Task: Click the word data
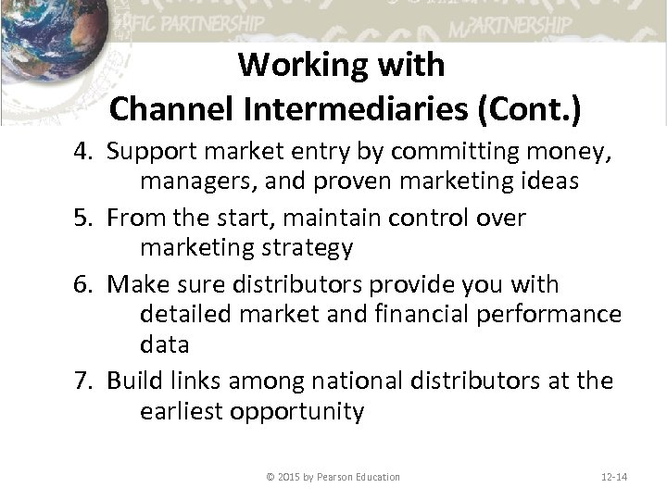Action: [164, 345]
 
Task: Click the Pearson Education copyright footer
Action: [333, 477]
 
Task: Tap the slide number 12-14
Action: [612, 477]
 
